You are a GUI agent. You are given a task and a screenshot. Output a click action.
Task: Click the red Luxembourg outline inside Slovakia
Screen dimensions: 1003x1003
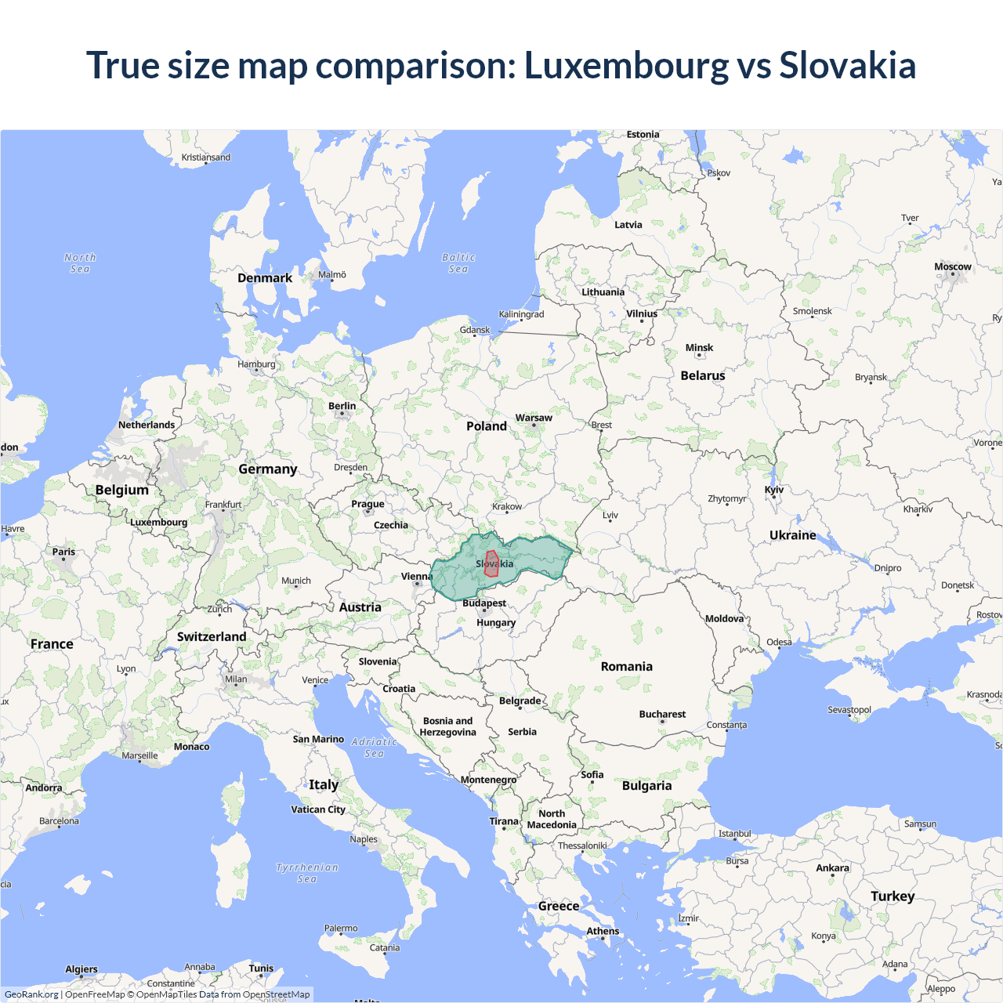pos(491,564)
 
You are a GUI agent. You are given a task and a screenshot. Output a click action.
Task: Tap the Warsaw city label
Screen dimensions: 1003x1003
pos(534,418)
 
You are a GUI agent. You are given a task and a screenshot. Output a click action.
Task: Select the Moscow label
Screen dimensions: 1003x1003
pos(952,266)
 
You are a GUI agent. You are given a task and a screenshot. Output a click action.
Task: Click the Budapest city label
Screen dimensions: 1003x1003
pos(484,603)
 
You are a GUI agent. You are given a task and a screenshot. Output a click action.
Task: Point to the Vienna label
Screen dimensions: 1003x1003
pos(416,576)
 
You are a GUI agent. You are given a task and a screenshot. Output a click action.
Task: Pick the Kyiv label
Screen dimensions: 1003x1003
pos(774,489)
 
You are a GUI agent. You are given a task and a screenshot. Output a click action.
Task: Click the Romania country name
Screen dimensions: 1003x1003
pos(626,666)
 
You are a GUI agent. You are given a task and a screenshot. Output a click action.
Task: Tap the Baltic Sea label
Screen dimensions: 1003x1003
pos(458,263)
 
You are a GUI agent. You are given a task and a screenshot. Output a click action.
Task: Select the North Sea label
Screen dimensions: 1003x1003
pos(80,263)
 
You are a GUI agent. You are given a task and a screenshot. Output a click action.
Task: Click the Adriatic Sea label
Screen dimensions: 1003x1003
pos(374,748)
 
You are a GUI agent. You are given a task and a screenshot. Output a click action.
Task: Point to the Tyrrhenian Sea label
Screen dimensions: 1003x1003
pos(307,873)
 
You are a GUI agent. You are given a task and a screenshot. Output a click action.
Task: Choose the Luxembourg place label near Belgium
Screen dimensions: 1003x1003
pos(159,522)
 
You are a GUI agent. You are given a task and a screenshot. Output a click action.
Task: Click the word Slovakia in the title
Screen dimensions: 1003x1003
pos(847,65)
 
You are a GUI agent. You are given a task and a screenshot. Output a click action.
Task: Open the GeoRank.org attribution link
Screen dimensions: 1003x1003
pos(31,994)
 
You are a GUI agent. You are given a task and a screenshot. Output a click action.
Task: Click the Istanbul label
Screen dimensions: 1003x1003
pos(735,833)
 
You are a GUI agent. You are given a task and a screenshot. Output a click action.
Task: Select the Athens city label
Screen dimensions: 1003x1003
pos(603,931)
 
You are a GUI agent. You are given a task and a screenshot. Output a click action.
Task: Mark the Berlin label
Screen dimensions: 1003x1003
pos(342,406)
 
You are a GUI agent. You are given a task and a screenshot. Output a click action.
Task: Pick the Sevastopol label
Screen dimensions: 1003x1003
pos(849,709)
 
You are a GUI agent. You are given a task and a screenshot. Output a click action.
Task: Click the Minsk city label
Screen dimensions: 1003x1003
pos(699,347)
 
